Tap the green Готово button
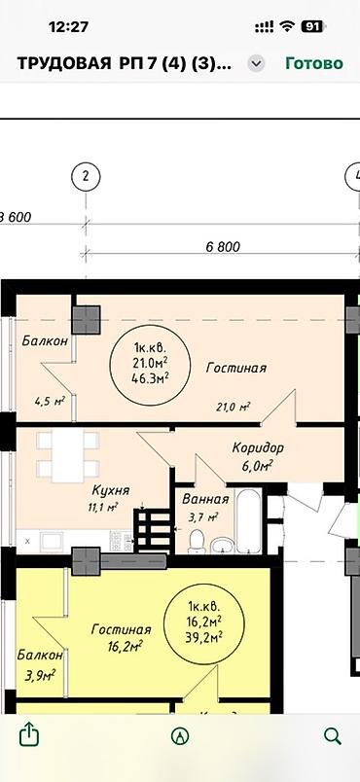[314, 63]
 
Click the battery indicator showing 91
[313, 26]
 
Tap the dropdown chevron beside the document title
[256, 64]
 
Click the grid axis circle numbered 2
[87, 177]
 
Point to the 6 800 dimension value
[223, 246]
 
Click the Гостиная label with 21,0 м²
[236, 368]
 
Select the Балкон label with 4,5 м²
[45, 341]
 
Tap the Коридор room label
[258, 447]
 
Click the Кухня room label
[110, 490]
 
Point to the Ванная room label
[205, 499]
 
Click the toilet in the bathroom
[197, 541]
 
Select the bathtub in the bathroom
[248, 521]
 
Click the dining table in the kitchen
[68, 455]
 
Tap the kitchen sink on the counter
[52, 541]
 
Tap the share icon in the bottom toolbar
[29, 735]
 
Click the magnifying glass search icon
[332, 735]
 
